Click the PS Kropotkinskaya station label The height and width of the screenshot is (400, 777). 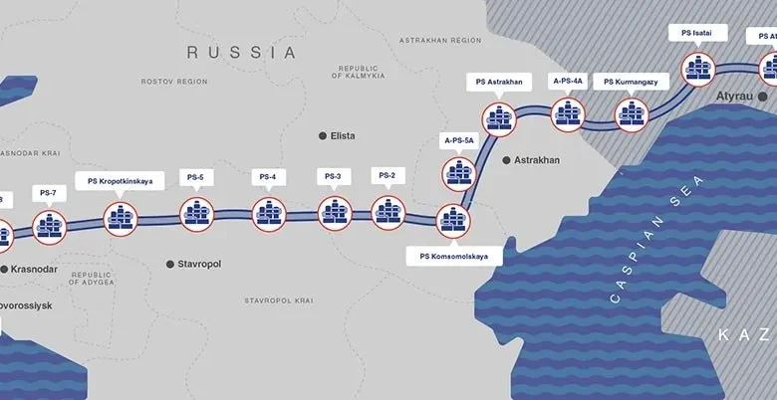tap(120, 182)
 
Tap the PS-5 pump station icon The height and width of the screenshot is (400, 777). tap(196, 213)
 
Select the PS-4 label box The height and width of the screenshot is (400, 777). tap(267, 177)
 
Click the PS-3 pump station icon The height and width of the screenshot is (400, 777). tap(335, 212)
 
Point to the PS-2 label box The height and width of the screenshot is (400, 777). tap(387, 176)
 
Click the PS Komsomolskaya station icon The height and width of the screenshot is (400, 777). tap(453, 218)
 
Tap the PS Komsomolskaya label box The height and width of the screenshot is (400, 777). tap(454, 256)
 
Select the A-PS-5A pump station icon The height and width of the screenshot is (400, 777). tap(458, 172)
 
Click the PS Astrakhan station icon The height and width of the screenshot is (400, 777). tap(498, 116)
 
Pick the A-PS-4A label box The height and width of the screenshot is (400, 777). tap(568, 79)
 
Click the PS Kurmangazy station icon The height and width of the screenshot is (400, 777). tap(631, 114)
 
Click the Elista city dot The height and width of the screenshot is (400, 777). tap(322, 135)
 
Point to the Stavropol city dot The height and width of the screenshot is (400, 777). tap(169, 264)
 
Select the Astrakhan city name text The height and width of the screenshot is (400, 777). tap(537, 160)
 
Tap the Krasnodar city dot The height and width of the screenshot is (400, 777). tap(3, 269)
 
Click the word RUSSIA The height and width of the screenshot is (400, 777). tap(242, 52)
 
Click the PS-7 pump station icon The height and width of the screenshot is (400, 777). tap(49, 227)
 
